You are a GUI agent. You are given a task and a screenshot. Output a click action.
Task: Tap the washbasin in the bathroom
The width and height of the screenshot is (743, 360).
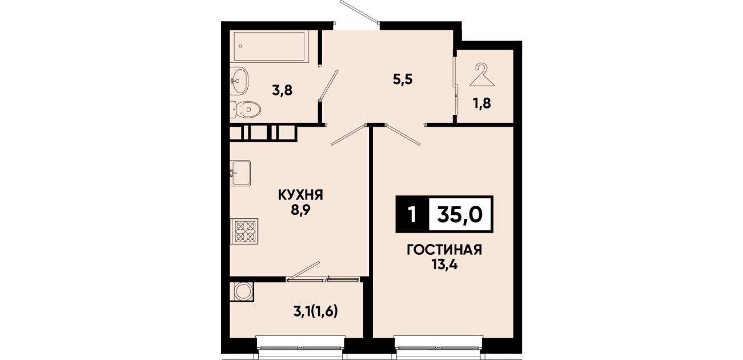click(x=239, y=81)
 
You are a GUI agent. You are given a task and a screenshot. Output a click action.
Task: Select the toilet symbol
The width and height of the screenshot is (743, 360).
click(x=245, y=109)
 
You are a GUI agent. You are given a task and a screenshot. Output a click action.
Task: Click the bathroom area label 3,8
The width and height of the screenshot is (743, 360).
click(x=282, y=90)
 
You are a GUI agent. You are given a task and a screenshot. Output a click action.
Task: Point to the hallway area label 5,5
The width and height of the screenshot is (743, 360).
click(x=403, y=79)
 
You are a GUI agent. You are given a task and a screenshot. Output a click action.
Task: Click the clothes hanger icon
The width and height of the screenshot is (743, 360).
click(x=482, y=75)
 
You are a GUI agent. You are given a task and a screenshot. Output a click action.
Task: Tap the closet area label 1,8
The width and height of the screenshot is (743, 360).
click(x=481, y=103)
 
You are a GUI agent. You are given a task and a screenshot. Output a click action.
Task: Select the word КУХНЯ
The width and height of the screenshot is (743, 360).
click(x=300, y=195)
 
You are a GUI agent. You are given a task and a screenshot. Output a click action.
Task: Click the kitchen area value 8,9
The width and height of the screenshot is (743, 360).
click(x=300, y=210)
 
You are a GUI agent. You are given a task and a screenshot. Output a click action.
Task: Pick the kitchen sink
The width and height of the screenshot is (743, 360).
click(x=240, y=173)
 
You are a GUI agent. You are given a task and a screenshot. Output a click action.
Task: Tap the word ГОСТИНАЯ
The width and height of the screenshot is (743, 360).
click(x=444, y=250)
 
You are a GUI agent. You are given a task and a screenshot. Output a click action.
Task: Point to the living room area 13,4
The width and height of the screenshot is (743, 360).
click(x=444, y=265)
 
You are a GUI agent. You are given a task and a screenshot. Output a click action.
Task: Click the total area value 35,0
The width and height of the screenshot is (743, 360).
click(x=460, y=215)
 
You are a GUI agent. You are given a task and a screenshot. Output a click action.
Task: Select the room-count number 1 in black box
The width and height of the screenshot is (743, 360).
click(x=412, y=214)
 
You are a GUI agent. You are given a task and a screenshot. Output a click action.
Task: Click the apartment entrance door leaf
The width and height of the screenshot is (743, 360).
click(x=360, y=12)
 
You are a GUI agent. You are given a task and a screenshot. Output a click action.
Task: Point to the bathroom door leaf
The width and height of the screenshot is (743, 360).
click(x=328, y=85)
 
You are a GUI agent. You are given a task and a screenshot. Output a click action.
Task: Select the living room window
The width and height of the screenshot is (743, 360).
click(x=438, y=349)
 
